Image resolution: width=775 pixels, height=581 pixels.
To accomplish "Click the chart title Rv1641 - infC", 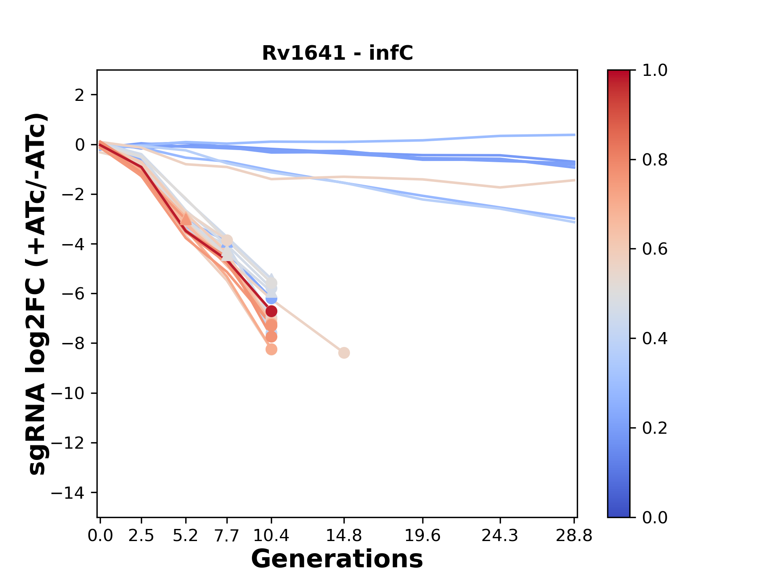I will pyautogui.click(x=337, y=53).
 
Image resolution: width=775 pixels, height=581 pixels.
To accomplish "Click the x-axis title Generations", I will pyautogui.click(x=337, y=559).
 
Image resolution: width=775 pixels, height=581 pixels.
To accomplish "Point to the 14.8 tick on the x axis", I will pyautogui.click(x=344, y=535).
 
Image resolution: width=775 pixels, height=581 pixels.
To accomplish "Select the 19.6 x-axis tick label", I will pyautogui.click(x=423, y=535).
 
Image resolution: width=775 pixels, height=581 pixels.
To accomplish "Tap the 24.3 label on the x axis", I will pyautogui.click(x=500, y=535).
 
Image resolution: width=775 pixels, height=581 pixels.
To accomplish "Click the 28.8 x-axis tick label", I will pyautogui.click(x=574, y=535).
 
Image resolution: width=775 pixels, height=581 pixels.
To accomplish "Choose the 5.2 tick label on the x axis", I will pyautogui.click(x=185, y=535).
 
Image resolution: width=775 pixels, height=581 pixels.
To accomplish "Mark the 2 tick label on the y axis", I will pyautogui.click(x=80, y=95).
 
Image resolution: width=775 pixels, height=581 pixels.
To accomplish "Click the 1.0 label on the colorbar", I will pyautogui.click(x=655, y=71).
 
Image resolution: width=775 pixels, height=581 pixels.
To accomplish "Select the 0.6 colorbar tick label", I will pyautogui.click(x=655, y=249).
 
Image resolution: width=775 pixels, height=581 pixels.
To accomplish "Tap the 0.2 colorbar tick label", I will pyautogui.click(x=655, y=428).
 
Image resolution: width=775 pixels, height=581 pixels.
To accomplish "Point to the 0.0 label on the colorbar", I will pyautogui.click(x=655, y=517).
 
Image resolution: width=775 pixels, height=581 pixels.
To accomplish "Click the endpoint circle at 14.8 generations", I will pyautogui.click(x=344, y=353).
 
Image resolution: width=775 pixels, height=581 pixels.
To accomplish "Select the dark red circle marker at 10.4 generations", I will pyautogui.click(x=271, y=311).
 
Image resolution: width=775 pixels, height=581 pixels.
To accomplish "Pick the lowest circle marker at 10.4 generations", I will pyautogui.click(x=271, y=349).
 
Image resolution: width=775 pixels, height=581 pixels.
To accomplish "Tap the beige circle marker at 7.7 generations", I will pyautogui.click(x=227, y=240).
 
